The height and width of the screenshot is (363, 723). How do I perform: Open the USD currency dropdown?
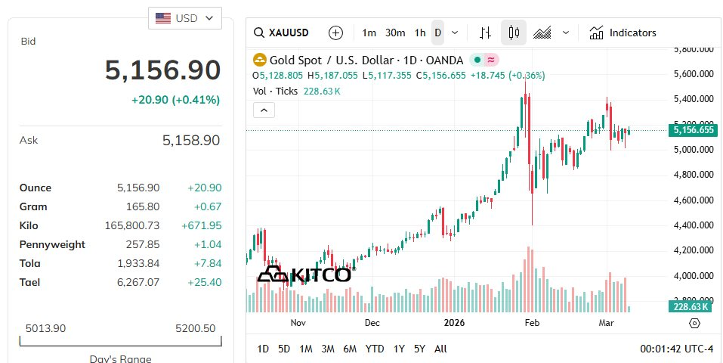(185, 18)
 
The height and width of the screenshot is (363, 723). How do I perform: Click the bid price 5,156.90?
(162, 70)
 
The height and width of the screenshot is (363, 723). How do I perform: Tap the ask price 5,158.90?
(191, 140)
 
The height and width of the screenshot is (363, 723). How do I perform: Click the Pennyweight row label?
(52, 244)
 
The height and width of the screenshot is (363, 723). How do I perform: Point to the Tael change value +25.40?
(204, 282)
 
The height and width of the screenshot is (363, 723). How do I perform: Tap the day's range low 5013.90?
(45, 328)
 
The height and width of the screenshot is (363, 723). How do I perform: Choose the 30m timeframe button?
(395, 33)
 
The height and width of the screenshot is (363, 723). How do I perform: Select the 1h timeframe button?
(420, 33)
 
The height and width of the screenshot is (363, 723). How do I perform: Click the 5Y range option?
(419, 349)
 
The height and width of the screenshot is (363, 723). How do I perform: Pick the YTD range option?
(375, 349)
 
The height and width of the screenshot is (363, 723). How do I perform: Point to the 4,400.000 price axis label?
(693, 225)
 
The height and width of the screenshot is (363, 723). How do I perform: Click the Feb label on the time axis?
(532, 323)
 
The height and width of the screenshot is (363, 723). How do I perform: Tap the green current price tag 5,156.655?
(692, 130)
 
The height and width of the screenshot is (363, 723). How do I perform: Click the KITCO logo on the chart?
(304, 275)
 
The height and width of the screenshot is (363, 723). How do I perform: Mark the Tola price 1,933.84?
(138, 263)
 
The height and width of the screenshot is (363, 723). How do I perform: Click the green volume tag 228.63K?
(689, 306)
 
